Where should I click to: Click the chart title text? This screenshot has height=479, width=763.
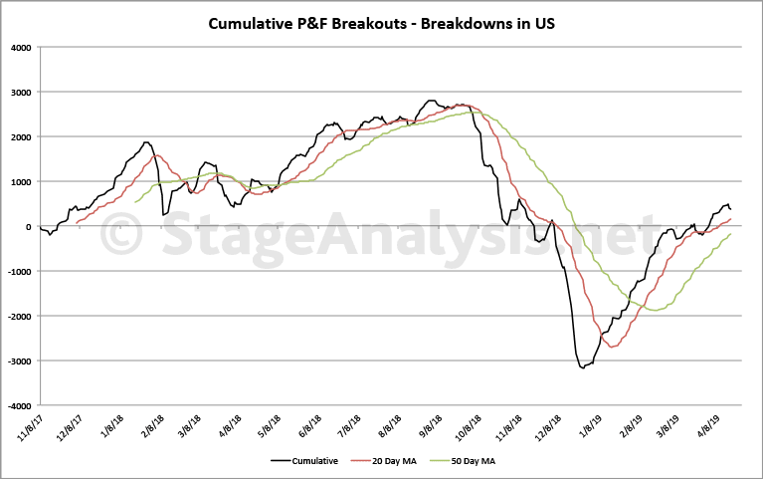tap(381, 23)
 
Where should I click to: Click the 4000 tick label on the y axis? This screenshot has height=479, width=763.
tap(20, 47)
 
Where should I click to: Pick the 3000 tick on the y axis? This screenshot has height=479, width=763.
tap(20, 92)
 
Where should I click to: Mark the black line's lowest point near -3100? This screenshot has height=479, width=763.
tap(583, 368)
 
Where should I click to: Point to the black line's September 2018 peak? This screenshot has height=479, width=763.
tap(431, 101)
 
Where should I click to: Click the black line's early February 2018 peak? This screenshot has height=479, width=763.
tap(147, 142)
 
